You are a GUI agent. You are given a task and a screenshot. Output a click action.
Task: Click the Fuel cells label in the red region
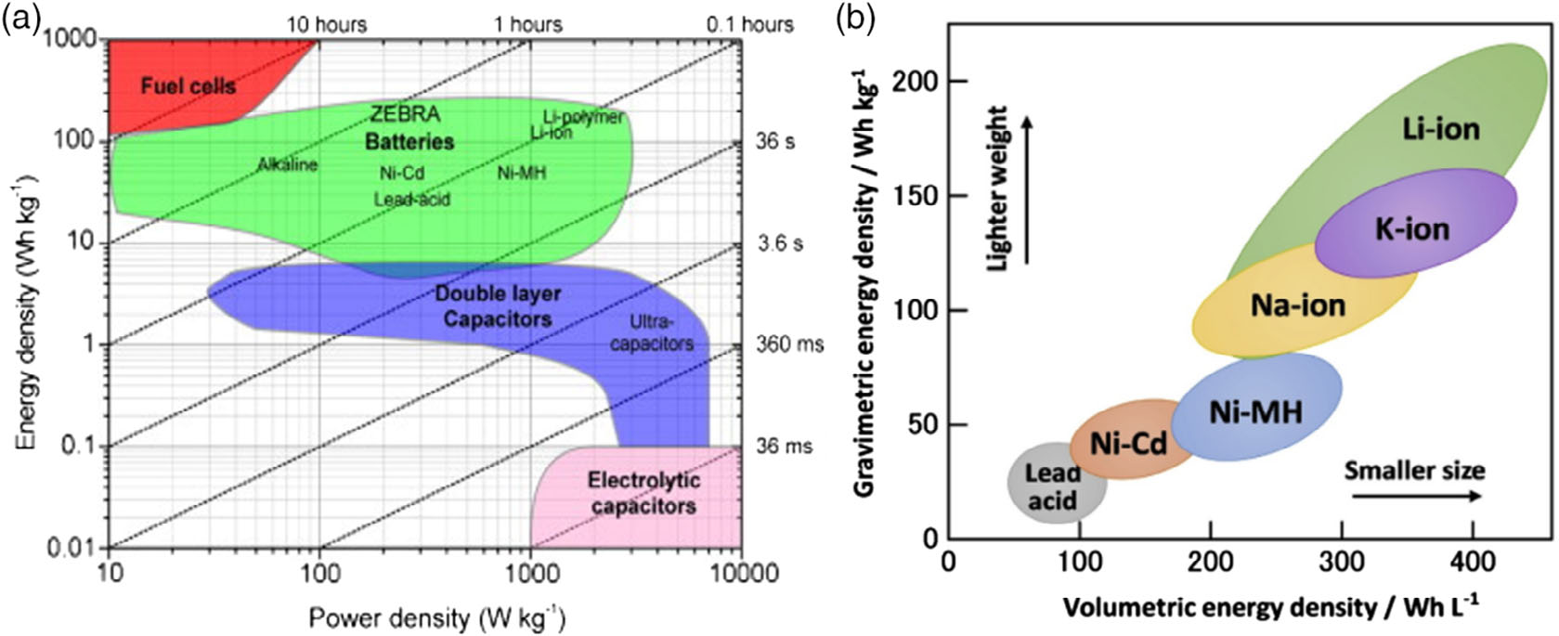click(188, 86)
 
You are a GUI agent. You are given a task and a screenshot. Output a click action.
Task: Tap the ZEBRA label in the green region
click(405, 115)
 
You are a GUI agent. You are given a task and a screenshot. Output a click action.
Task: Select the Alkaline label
click(287, 165)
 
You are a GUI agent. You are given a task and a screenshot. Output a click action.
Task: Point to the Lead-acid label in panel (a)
click(411, 200)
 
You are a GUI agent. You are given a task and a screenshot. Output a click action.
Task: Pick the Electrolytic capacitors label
click(643, 493)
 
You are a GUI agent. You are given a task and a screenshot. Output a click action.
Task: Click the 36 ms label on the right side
click(784, 446)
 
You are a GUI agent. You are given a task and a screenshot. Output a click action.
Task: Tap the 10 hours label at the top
click(326, 24)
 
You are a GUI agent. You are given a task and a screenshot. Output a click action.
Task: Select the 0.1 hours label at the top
click(749, 24)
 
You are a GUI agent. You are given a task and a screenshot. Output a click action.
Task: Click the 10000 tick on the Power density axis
click(739, 573)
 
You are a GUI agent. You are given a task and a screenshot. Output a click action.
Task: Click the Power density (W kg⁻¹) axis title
click(436, 617)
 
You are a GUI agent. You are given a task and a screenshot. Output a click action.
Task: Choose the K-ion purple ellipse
click(1414, 227)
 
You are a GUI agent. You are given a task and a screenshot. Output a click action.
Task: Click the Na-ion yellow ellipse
click(1298, 305)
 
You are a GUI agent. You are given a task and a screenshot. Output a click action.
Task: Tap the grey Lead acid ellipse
click(1055, 485)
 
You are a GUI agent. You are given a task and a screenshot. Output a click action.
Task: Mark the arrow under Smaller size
click(1416, 496)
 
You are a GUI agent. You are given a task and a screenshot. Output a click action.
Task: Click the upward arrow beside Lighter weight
click(1027, 189)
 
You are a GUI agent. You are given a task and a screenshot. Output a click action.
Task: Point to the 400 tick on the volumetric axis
click(1474, 562)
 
